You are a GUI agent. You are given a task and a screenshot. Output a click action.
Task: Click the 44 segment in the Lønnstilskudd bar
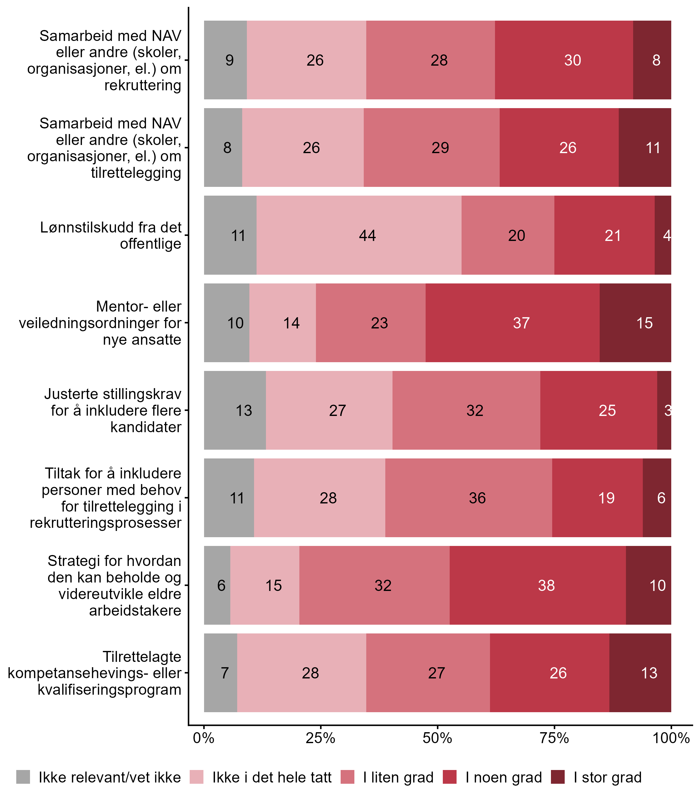tap(359, 235)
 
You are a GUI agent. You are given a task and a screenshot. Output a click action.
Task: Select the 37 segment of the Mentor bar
tap(512, 322)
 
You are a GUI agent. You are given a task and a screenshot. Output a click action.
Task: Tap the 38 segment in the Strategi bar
tap(537, 585)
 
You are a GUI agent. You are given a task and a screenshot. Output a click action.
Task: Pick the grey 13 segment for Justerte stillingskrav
tap(235, 410)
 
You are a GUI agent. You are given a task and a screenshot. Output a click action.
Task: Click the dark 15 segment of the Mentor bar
tap(635, 322)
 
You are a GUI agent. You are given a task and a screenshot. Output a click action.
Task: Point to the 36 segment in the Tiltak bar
tap(468, 497)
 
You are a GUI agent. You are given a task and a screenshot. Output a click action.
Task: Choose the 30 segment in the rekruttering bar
tap(564, 60)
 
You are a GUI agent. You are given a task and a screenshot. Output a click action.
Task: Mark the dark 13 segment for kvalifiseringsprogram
tap(640, 672)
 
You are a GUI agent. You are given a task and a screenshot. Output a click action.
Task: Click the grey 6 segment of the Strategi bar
tap(217, 585)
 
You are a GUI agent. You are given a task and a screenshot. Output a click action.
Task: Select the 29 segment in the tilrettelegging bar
tap(431, 147)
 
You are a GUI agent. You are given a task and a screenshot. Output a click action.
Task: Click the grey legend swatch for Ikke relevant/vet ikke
tap(23, 777)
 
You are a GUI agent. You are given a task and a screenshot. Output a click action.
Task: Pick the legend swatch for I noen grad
tap(450, 777)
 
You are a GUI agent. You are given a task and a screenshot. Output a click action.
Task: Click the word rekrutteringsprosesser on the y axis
tap(106, 522)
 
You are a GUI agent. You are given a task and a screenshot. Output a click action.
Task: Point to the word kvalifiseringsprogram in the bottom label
tap(109, 689)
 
